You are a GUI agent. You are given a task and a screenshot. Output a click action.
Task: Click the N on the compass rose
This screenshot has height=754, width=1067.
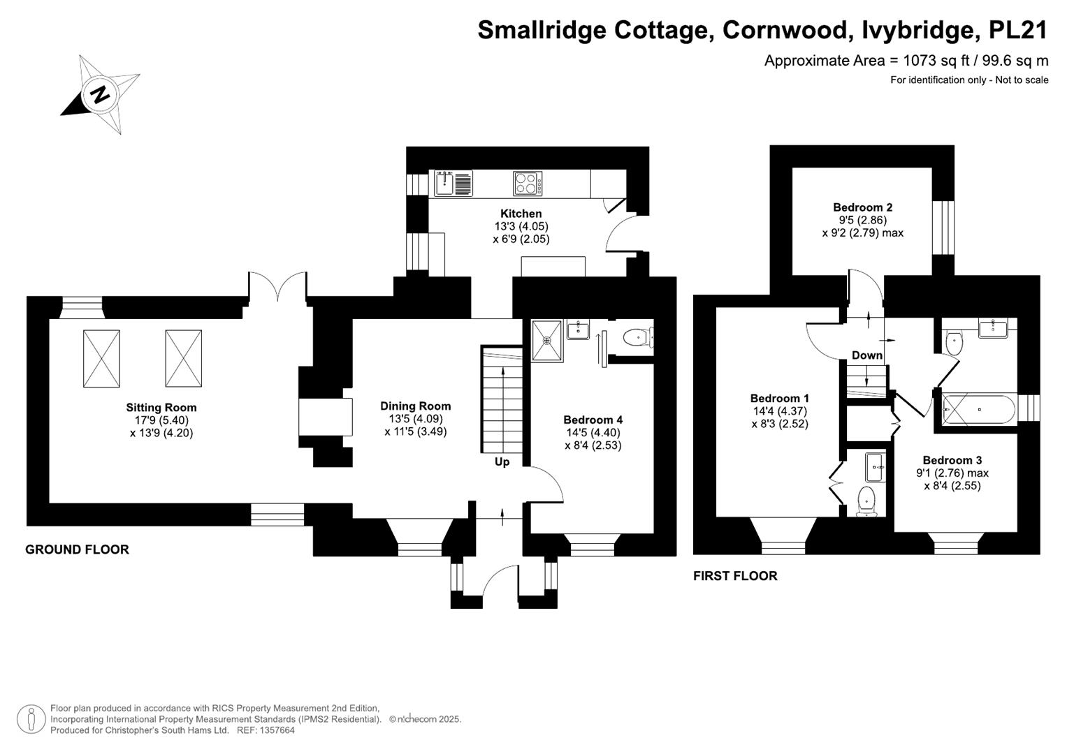click(100, 94)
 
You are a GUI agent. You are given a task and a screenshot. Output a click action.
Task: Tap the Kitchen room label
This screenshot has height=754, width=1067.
click(521, 213)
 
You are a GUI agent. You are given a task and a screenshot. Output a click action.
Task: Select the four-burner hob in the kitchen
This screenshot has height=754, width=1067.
click(528, 183)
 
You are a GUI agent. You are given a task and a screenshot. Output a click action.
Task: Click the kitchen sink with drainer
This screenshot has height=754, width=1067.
click(453, 183)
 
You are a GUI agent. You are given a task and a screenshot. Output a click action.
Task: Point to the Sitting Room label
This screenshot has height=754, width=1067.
click(161, 408)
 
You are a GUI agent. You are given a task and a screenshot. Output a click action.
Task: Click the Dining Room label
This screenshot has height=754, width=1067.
click(415, 406)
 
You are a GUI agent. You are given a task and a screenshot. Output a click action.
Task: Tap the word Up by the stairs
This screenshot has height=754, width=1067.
click(502, 462)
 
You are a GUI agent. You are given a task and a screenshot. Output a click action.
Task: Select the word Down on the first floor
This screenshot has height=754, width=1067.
click(867, 355)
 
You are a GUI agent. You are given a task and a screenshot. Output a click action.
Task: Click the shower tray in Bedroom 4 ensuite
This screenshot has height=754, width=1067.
click(547, 341)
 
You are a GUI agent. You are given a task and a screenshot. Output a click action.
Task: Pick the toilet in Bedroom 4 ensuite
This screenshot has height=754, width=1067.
click(638, 338)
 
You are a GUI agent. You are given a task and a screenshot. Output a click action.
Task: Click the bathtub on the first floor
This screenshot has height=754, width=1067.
click(979, 409)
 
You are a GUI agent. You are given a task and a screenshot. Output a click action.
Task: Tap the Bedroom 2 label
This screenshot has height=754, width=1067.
click(863, 207)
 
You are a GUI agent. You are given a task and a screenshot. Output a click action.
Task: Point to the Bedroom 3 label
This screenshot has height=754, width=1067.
click(952, 460)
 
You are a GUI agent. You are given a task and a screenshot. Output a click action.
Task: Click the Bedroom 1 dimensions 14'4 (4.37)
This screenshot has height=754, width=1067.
click(779, 411)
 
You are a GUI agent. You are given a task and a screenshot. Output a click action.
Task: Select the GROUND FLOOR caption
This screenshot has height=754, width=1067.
click(77, 550)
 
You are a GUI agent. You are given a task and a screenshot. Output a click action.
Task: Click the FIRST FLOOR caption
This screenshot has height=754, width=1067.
click(735, 576)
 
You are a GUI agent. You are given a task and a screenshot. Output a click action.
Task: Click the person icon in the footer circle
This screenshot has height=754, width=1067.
click(31, 719)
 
